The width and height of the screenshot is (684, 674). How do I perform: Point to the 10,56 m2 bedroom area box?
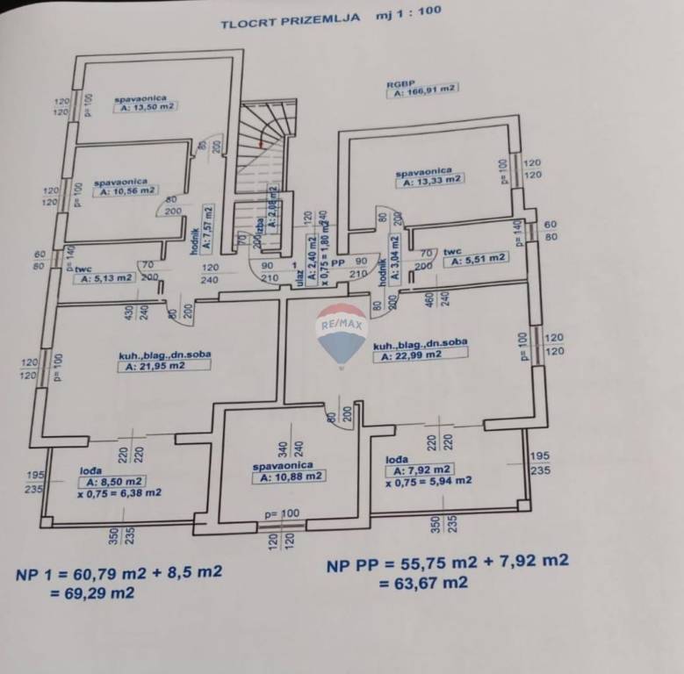pyautogui.click(x=126, y=190)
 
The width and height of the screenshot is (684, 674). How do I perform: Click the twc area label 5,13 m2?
pyautogui.click(x=105, y=278)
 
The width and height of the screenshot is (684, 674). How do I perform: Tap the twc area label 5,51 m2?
pyautogui.click(x=475, y=258)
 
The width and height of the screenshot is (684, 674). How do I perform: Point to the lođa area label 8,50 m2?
pyautogui.click(x=112, y=482)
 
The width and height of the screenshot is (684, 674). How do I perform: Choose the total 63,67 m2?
pyautogui.click(x=421, y=583)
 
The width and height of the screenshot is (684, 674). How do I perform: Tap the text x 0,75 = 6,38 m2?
pyautogui.click(x=119, y=493)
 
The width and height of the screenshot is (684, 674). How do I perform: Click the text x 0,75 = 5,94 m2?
pyautogui.click(x=428, y=480)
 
